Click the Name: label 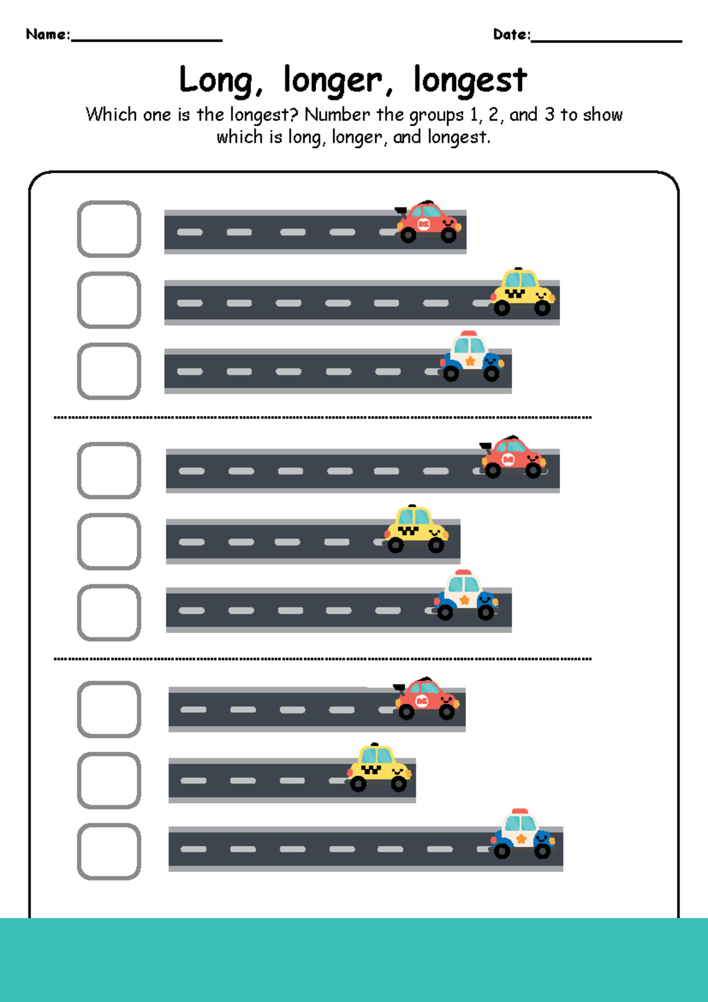pyautogui.click(x=48, y=34)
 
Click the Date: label pyautogui.click(x=512, y=35)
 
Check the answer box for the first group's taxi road pyautogui.click(x=109, y=300)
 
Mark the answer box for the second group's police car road pyautogui.click(x=109, y=613)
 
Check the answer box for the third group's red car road pyautogui.click(x=109, y=709)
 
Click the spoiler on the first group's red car pyautogui.click(x=401, y=210)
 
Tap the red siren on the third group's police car pyautogui.click(x=520, y=812)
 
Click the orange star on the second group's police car pyautogui.click(x=464, y=600)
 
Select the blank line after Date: pyautogui.click(x=606, y=40)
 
